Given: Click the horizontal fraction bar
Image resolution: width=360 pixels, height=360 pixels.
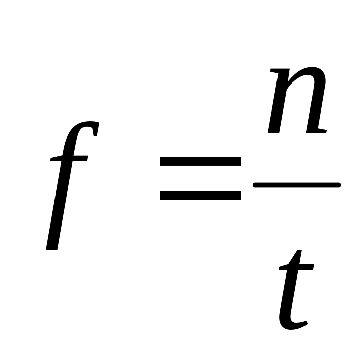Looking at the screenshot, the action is click(296, 185).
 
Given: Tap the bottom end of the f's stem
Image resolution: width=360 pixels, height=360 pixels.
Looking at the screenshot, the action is click(51, 246).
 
